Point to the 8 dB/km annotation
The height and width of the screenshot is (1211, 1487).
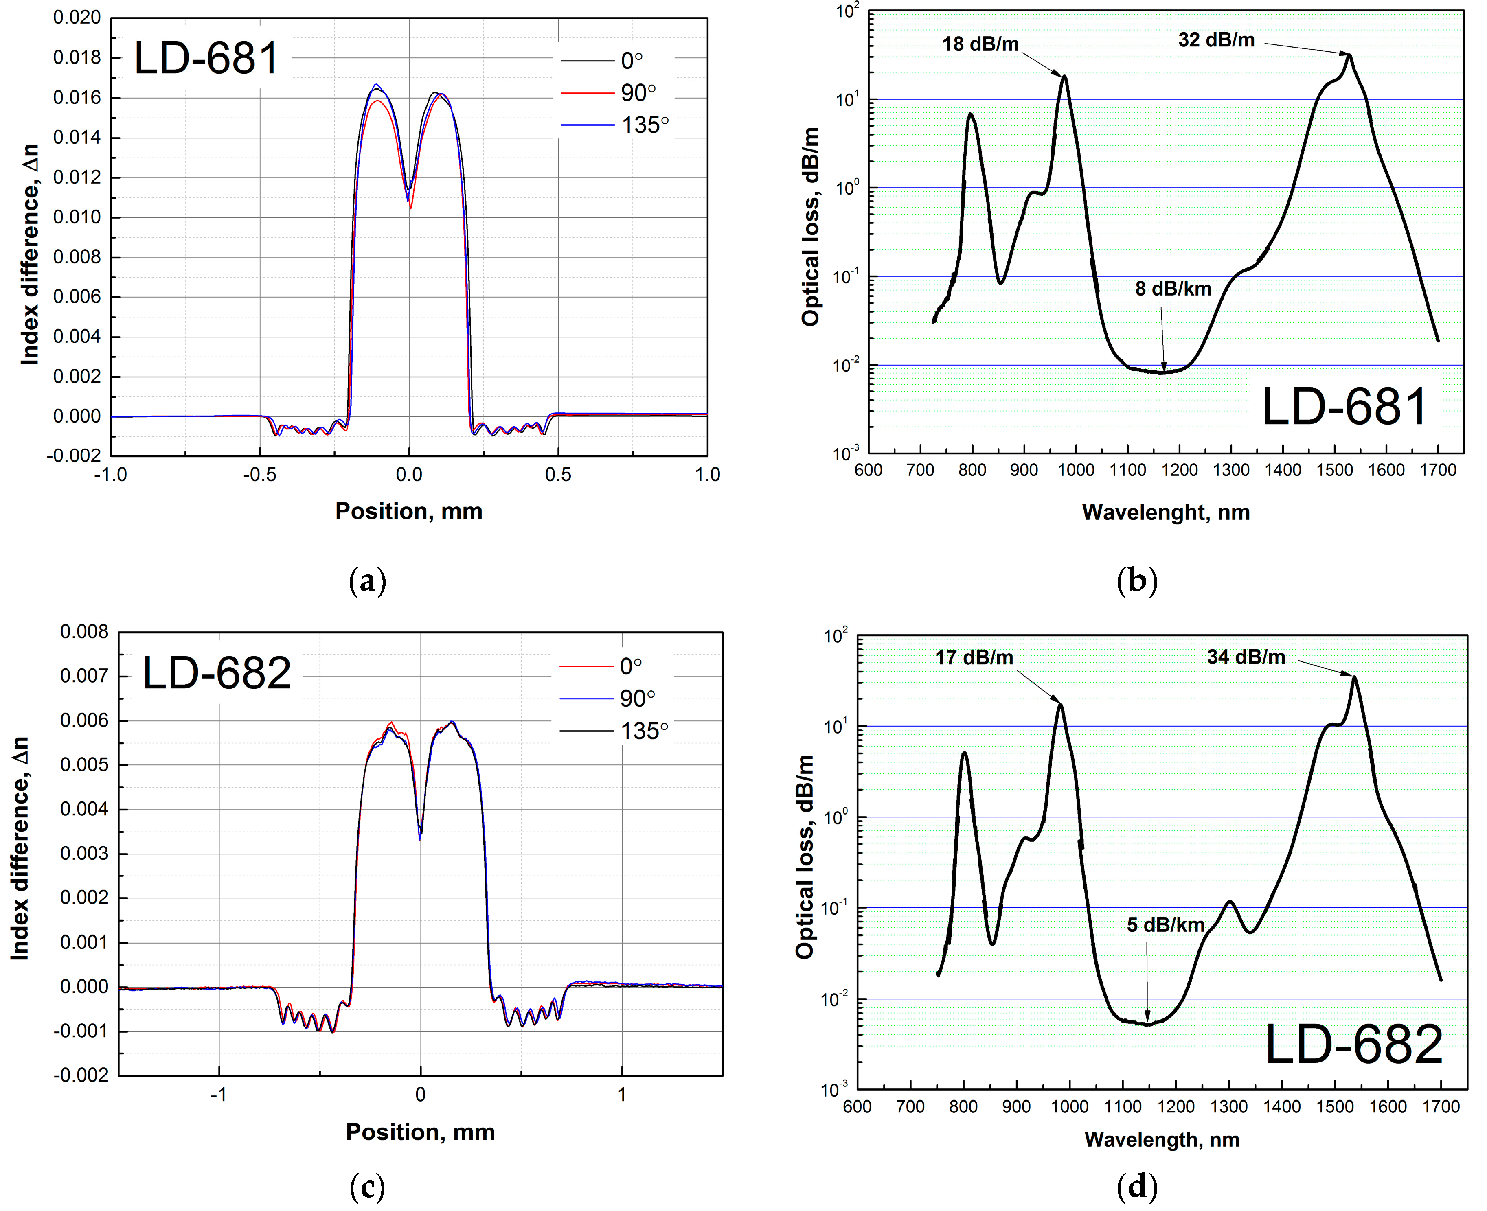click(1173, 289)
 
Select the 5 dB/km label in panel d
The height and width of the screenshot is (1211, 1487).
click(1165, 925)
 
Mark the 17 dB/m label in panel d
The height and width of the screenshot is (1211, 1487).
click(974, 657)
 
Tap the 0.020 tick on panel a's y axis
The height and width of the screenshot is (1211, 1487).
click(77, 18)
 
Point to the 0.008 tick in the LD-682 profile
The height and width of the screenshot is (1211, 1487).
click(84, 632)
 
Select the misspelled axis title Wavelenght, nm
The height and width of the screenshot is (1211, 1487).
click(1165, 513)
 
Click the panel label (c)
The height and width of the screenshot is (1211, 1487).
click(367, 1186)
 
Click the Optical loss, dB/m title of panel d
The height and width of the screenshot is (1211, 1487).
click(805, 856)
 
